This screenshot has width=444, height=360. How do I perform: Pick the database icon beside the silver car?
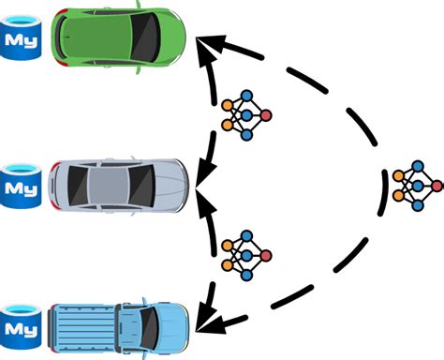tap(22, 180)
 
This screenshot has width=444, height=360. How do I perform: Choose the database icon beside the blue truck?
tap(22, 322)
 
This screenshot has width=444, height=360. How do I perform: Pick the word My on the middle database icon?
tap(22, 185)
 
